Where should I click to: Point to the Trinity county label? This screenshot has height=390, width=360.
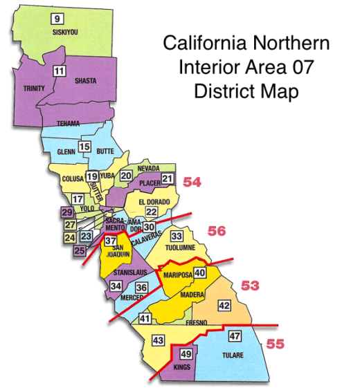pyautogui.click(x=34, y=89)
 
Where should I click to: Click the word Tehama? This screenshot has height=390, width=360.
pyautogui.click(x=69, y=124)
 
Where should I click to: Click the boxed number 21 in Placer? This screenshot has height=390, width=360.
pyautogui.click(x=168, y=180)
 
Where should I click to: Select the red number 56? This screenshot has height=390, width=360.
pyautogui.click(x=217, y=231)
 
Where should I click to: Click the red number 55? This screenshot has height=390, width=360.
pyautogui.click(x=275, y=342)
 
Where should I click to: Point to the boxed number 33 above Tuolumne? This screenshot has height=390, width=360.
pyautogui.click(x=176, y=236)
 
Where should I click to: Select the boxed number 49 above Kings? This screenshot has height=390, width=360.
pyautogui.click(x=185, y=354)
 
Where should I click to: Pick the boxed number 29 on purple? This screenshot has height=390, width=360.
pyautogui.click(x=67, y=213)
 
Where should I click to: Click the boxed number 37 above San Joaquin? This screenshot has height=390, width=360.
pyautogui.click(x=111, y=241)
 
